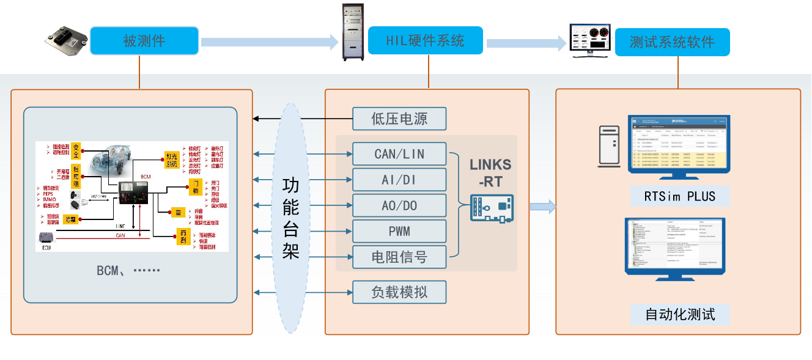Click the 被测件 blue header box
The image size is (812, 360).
click(144, 41)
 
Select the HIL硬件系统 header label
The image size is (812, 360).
click(425, 41)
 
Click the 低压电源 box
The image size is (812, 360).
click(399, 119)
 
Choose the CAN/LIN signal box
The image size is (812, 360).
click(399, 153)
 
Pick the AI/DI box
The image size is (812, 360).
click(399, 180)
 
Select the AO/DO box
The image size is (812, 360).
click(399, 206)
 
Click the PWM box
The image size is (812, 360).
click(399, 232)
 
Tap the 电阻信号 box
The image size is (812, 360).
click(399, 257)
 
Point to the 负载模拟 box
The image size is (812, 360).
click(399, 292)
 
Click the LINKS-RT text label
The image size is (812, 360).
click(490, 172)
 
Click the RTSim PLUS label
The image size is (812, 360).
click(679, 197)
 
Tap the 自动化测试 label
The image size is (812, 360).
click(679, 315)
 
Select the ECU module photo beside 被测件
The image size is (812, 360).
click(67, 41)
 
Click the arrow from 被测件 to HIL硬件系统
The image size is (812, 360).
click(270, 42)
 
